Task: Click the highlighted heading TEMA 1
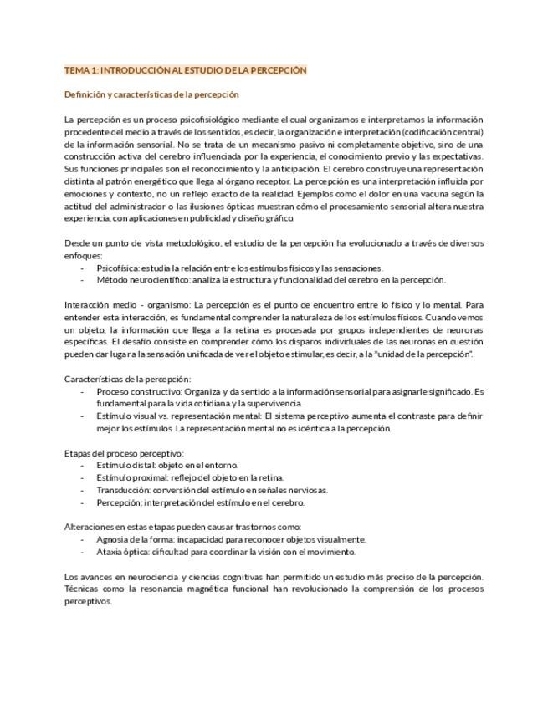click(x=186, y=70)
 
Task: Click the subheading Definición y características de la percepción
click(x=151, y=94)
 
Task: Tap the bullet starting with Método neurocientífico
click(x=270, y=280)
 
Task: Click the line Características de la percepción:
click(x=127, y=379)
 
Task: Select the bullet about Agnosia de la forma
click(x=231, y=539)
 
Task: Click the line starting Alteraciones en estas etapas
click(x=182, y=527)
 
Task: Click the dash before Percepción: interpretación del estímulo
click(x=82, y=502)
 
